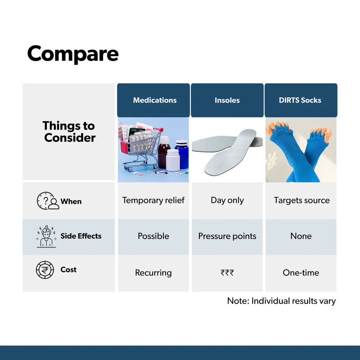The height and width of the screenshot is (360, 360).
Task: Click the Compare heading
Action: (x=73, y=54)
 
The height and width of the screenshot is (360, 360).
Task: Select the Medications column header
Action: (x=153, y=100)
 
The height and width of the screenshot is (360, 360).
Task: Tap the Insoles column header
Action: (x=227, y=100)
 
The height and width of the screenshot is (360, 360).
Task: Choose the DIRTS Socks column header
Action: (x=301, y=100)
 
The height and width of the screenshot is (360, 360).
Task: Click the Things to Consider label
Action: (x=69, y=131)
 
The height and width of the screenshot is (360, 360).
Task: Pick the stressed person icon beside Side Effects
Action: (x=46, y=236)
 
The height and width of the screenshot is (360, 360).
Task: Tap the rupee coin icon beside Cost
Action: (x=45, y=270)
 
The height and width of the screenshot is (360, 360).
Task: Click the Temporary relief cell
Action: (x=153, y=200)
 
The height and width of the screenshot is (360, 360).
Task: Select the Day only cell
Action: (x=227, y=200)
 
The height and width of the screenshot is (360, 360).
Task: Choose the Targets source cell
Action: (x=302, y=200)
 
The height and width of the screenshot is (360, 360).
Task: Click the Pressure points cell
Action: (x=227, y=236)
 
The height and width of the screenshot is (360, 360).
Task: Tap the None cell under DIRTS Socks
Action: (x=301, y=236)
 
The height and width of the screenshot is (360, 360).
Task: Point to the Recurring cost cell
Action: (x=153, y=273)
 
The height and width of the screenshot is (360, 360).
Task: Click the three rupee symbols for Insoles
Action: (x=227, y=272)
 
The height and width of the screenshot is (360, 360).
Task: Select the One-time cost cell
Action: (x=301, y=272)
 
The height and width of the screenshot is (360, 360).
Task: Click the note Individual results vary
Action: (x=282, y=301)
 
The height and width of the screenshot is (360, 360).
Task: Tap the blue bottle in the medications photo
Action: (x=182, y=154)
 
